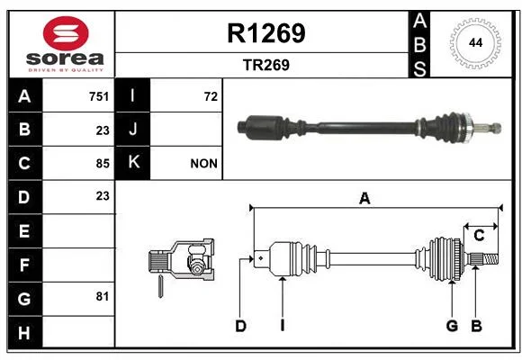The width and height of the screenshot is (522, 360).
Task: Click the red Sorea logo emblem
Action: [x=66, y=33]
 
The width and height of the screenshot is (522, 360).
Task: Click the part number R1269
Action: [x=266, y=33]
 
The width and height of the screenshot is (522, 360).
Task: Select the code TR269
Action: [x=266, y=65]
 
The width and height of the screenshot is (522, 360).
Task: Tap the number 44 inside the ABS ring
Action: [x=475, y=43]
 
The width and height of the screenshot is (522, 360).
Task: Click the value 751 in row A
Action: [x=99, y=96]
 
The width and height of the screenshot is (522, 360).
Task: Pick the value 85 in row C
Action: [x=103, y=164]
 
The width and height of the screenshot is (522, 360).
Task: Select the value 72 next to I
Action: [x=211, y=96]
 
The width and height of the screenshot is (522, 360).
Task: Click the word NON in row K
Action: [x=203, y=164]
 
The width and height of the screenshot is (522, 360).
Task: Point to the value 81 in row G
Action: [x=103, y=296]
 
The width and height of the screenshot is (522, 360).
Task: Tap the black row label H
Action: [x=24, y=333]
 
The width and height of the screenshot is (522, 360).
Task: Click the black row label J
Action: [x=133, y=129]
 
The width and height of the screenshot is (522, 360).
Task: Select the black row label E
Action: [x=24, y=230]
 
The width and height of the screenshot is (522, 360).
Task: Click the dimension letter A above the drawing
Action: [x=364, y=199]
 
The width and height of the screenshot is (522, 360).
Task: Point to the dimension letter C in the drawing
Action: [x=479, y=236]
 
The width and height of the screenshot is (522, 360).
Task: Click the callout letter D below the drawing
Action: [x=240, y=326]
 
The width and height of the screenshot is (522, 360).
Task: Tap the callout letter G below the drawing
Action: [x=452, y=326]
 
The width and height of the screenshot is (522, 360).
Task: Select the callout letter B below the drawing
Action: [x=476, y=326]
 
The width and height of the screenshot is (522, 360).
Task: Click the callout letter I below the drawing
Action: [x=283, y=326]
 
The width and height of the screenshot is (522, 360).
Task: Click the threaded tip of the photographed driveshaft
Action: [x=496, y=128]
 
